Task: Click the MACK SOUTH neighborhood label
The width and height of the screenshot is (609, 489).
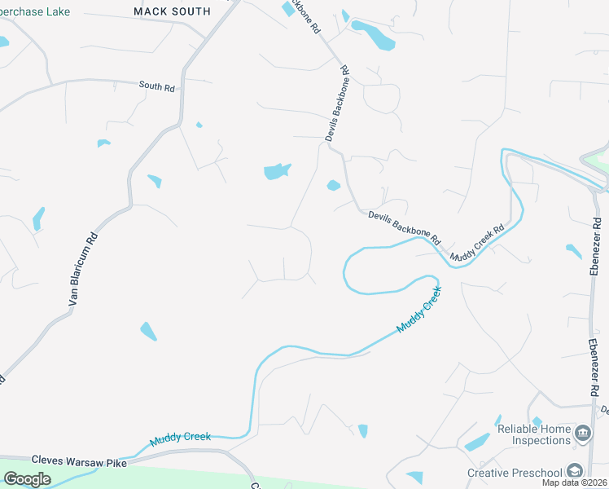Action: pos(172,11)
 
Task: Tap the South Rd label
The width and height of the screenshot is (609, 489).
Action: pos(157,85)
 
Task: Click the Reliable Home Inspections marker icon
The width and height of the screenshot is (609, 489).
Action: pos(582,433)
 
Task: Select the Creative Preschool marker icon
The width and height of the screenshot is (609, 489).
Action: pos(575,472)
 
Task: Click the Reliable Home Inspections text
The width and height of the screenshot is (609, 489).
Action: pos(534,434)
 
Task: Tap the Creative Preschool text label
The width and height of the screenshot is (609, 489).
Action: pos(515,473)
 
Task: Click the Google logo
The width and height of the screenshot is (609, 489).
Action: pos(26,479)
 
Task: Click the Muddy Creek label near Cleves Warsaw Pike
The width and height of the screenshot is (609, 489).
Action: pos(180,439)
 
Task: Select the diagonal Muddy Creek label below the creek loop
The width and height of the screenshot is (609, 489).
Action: pos(418,309)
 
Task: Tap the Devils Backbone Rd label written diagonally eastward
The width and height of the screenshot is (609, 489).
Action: pos(404,227)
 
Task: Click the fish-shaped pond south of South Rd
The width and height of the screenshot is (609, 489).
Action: pos(276,171)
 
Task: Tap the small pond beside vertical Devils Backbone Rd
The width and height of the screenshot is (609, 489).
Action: pos(333,186)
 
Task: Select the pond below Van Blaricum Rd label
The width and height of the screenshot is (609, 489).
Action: pos(148,331)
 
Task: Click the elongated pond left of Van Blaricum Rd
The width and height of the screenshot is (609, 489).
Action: pos(37,218)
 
